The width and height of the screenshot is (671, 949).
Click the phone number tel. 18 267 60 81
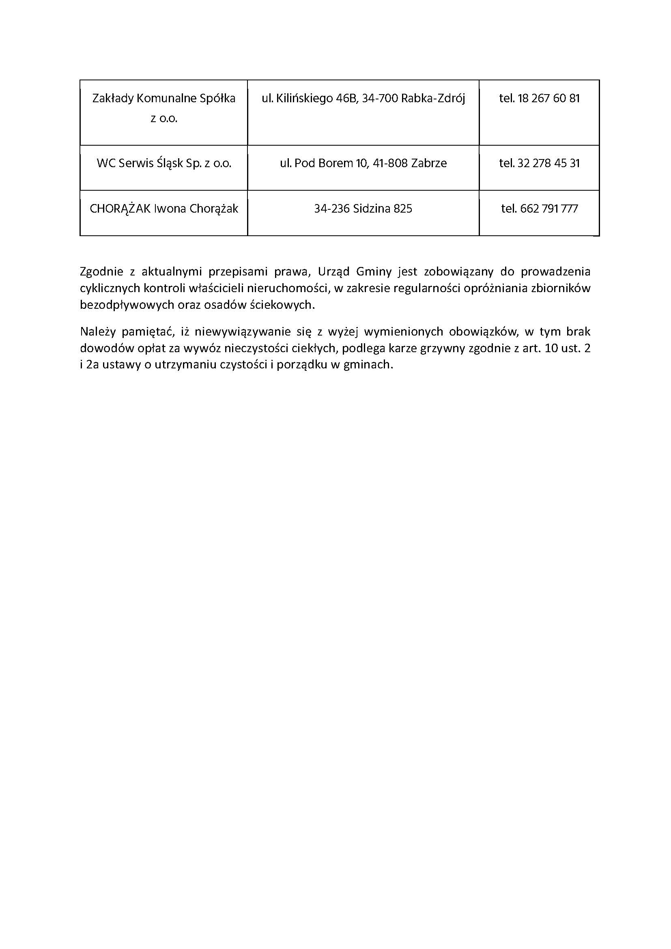539,98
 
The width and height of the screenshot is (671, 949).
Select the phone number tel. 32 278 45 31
539,163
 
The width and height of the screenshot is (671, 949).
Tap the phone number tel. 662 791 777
539,209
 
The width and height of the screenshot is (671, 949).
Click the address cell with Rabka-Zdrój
363,98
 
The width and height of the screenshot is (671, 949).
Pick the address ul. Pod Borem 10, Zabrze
363,163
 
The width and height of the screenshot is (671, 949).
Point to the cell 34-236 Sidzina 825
363,209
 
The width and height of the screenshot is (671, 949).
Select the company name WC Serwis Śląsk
164,163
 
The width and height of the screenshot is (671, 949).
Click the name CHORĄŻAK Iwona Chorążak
164,209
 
